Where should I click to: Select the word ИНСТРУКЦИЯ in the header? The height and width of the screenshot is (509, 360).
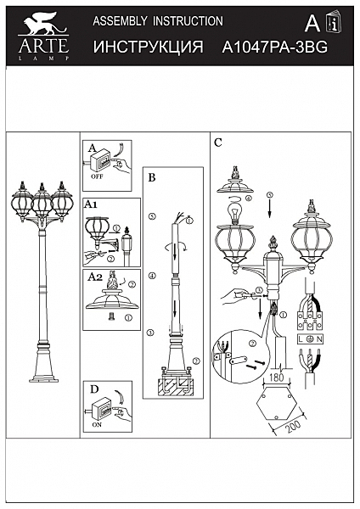(x=148, y=48)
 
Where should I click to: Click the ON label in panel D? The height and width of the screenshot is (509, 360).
(x=95, y=426)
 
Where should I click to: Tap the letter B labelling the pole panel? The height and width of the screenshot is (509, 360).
(x=152, y=178)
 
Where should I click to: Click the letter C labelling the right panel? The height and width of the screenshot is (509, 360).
(x=218, y=143)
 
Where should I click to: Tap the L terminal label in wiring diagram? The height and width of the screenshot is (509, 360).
(x=300, y=337)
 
